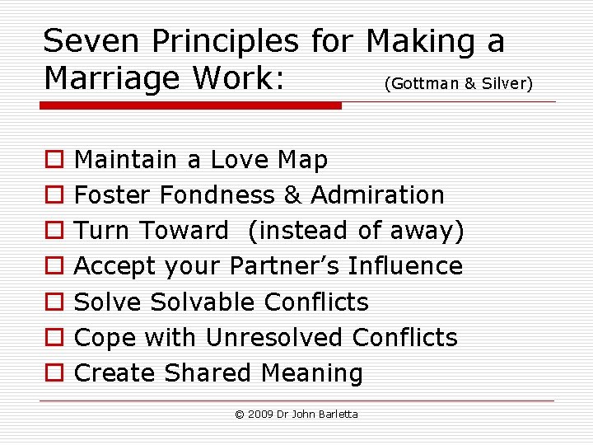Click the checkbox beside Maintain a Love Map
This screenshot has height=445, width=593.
[54, 159]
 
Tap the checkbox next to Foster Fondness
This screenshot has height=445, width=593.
[54, 194]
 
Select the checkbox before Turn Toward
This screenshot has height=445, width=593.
[54, 230]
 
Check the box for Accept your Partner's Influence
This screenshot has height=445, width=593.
[54, 265]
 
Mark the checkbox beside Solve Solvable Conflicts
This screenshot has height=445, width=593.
[54, 302]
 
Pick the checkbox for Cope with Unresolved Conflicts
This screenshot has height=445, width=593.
[54, 337]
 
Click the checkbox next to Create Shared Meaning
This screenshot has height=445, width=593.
[54, 372]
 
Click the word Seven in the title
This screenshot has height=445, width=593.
[91, 40]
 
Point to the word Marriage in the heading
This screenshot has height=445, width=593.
[112, 79]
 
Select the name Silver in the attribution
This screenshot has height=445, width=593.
[504, 83]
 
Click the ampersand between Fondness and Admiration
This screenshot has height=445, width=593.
[292, 194]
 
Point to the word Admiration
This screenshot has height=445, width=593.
[377, 194]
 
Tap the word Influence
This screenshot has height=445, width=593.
[405, 265]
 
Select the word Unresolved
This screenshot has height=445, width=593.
[273, 337]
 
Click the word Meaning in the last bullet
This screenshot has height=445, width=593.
[312, 373]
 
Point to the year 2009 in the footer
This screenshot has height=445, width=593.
[260, 415]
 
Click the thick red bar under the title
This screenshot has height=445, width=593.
[190, 105]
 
